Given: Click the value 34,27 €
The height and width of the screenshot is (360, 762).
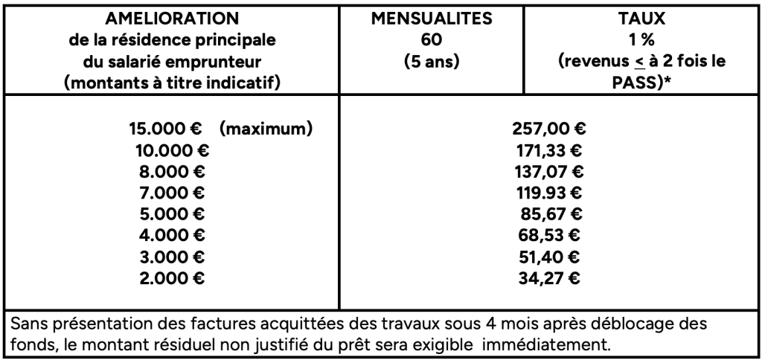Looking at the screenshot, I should [551, 280].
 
